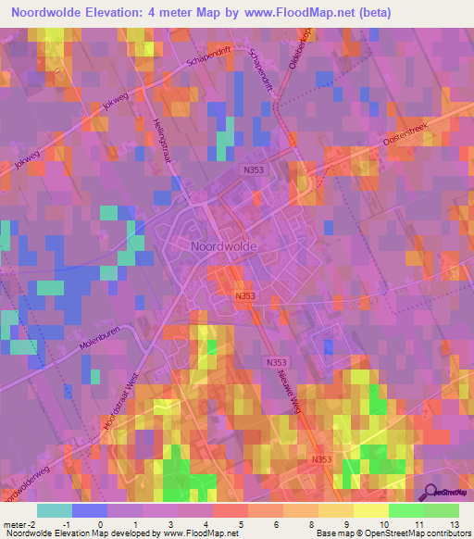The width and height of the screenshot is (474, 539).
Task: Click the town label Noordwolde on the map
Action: [223, 247]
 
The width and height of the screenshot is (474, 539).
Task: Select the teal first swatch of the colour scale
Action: [55, 510]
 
